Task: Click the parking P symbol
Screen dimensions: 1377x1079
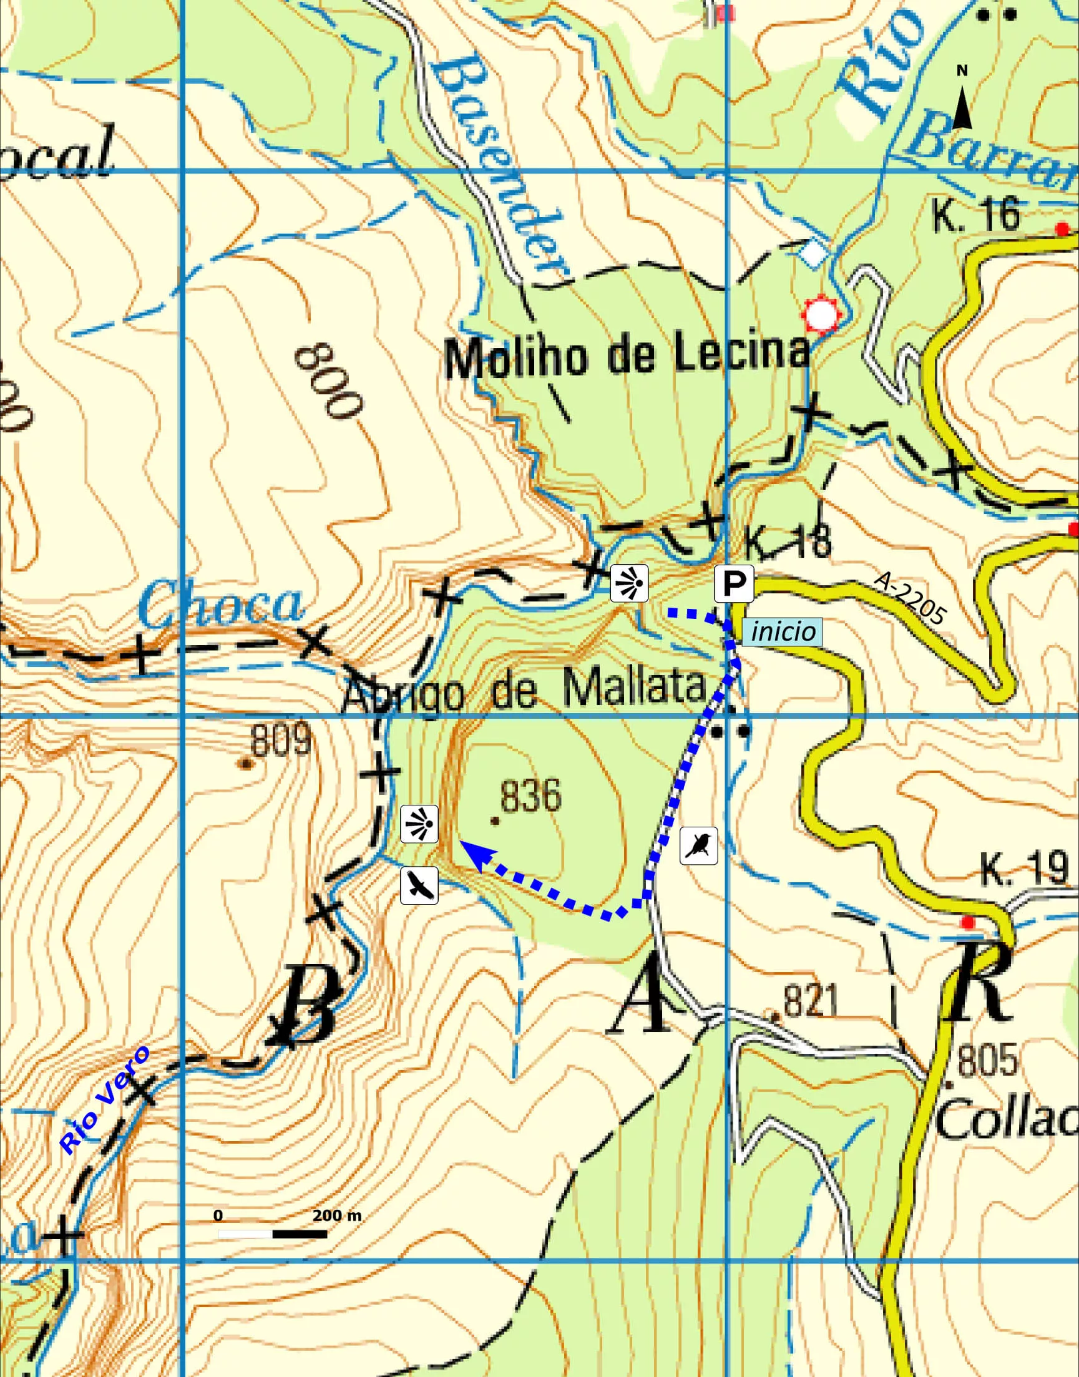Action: (733, 584)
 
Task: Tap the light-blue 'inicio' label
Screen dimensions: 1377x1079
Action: (784, 631)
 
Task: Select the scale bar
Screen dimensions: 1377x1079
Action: (272, 1233)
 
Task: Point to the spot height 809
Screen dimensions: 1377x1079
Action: (280, 740)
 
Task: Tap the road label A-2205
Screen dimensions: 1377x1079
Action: (910, 598)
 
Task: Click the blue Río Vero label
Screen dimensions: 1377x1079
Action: (105, 1100)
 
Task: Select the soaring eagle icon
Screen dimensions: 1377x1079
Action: (419, 885)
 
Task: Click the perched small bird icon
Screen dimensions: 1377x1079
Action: (699, 845)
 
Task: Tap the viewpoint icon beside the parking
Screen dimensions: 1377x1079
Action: (629, 582)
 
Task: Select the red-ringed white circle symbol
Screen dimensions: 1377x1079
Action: (821, 314)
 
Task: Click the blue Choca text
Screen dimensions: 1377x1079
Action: (221, 604)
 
